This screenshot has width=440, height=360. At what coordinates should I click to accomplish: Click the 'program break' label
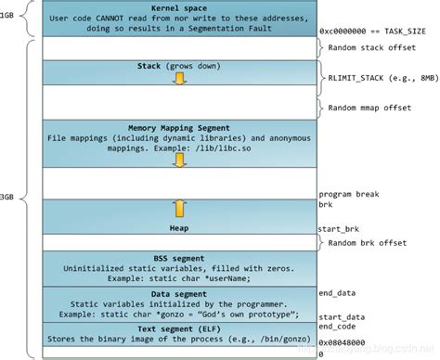348,193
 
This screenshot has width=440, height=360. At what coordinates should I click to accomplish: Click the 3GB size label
9,196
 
